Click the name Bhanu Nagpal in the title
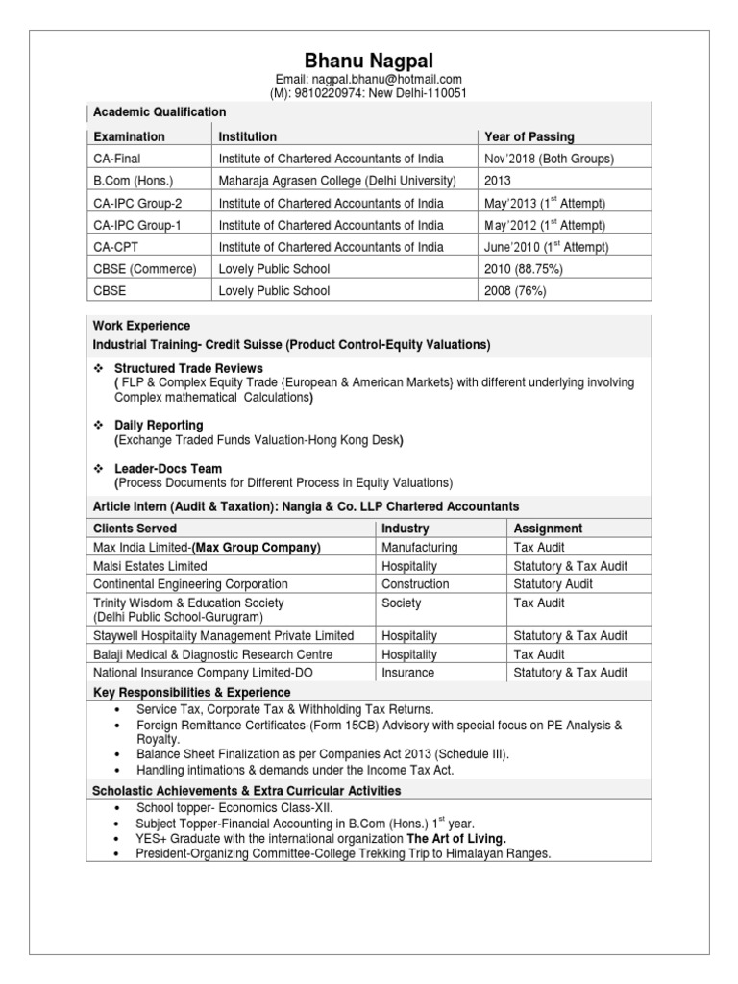(369, 61)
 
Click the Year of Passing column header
(529, 136)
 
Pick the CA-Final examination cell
(116, 159)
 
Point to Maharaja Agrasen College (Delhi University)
(337, 181)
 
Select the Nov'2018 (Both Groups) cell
(549, 159)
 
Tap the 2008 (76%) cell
(517, 291)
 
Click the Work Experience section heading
(141, 326)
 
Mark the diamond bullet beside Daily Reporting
(98, 425)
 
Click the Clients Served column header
(135, 529)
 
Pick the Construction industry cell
(415, 584)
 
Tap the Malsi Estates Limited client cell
(149, 566)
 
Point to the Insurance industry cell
(407, 673)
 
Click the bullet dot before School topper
(116, 808)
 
